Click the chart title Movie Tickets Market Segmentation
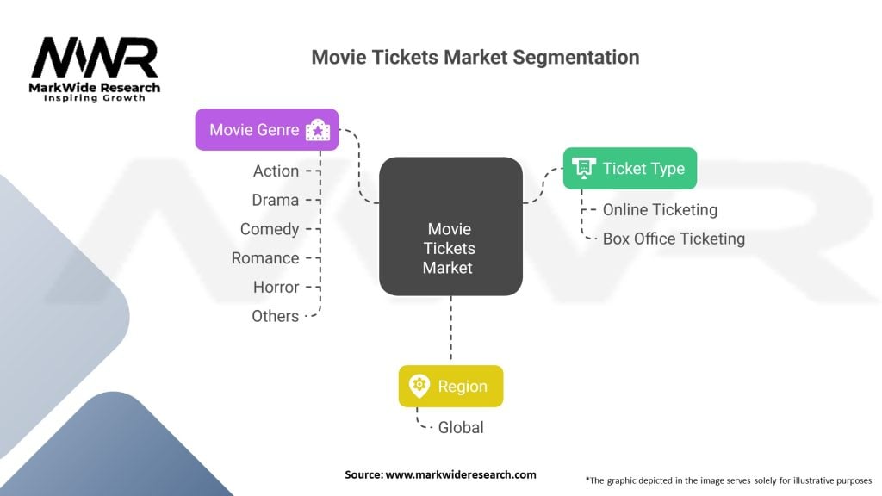tap(475, 58)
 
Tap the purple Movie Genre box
tap(266, 130)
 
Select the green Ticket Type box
tap(630, 169)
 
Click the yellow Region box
tap(450, 387)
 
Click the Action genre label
tap(276, 171)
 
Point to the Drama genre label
tap(275, 201)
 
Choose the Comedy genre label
tap(270, 229)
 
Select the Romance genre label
tap(265, 258)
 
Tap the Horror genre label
tap(276, 287)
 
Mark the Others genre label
tap(275, 316)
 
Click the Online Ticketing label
tap(660, 209)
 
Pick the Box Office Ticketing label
tap(674, 239)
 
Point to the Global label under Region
tap(461, 427)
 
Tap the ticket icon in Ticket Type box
tap(584, 169)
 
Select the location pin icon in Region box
tap(419, 387)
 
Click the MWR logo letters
tap(95, 59)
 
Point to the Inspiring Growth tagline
tap(95, 97)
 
